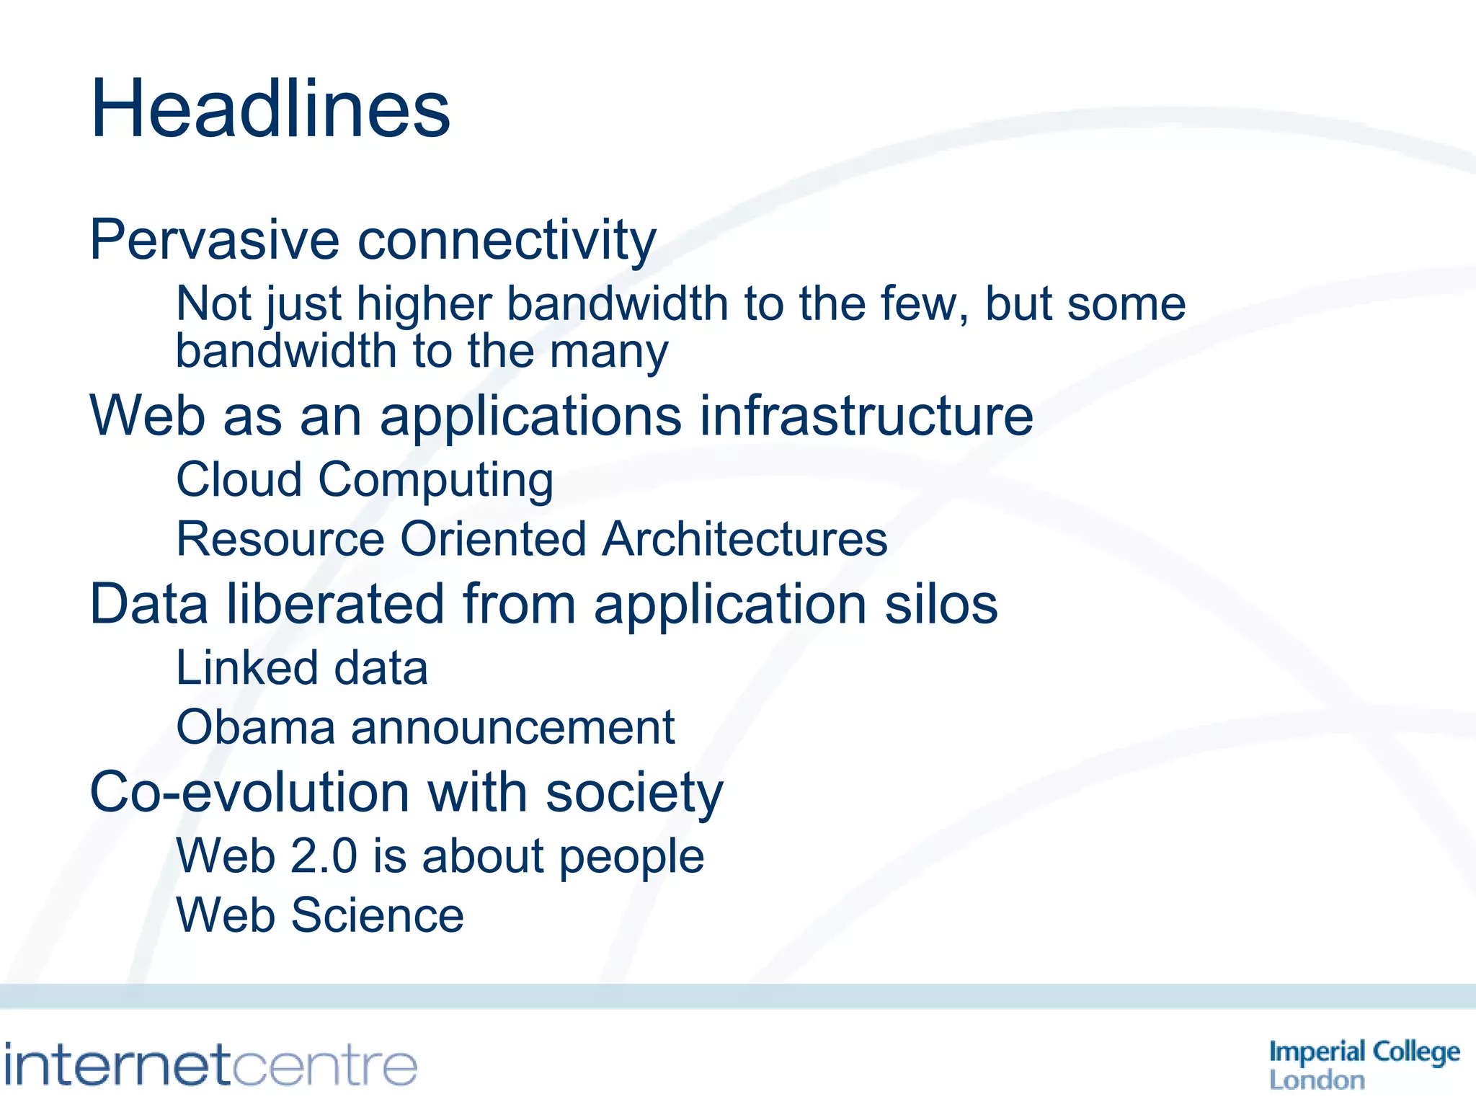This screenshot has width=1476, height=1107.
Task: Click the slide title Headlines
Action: pos(270,110)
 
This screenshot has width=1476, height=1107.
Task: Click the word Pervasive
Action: pos(214,240)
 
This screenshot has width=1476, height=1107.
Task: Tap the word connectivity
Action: pos(507,240)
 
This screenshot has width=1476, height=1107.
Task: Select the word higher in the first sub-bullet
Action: pos(424,304)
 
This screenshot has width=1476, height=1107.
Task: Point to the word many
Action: pos(609,352)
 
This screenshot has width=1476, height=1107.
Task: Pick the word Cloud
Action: pos(239,479)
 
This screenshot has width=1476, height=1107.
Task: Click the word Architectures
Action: pos(745,539)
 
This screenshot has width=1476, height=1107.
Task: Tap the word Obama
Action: pos(256,727)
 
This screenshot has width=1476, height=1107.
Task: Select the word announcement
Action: pos(512,728)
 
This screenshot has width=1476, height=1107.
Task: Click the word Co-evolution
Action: pos(249,793)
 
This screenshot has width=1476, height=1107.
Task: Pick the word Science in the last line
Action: pos(378,915)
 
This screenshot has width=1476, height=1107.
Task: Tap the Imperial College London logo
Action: pos(1364,1064)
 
